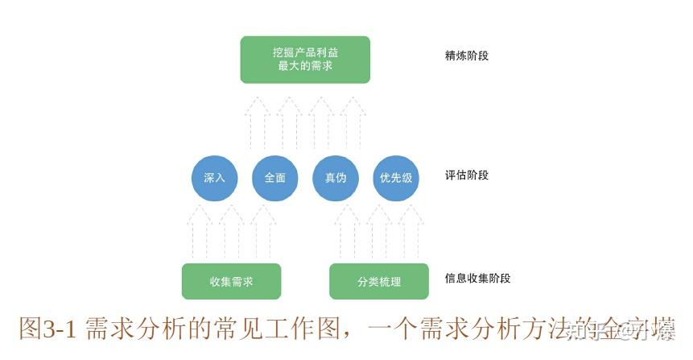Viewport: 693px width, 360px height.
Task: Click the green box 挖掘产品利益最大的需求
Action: tap(305, 59)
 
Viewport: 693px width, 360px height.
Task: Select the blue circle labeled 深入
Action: tap(214, 178)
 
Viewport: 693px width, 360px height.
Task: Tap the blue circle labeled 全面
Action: tap(275, 178)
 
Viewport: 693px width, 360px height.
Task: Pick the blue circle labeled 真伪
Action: tap(336, 178)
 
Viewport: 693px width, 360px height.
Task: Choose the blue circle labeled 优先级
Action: tap(396, 178)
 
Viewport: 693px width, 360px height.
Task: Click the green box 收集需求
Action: tap(232, 282)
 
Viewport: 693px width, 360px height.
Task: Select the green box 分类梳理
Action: tap(379, 282)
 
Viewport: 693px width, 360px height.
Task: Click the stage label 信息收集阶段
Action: tap(477, 279)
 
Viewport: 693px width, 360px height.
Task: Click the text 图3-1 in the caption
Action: tap(47, 329)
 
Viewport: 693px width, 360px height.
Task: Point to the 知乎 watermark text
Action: tap(586, 329)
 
